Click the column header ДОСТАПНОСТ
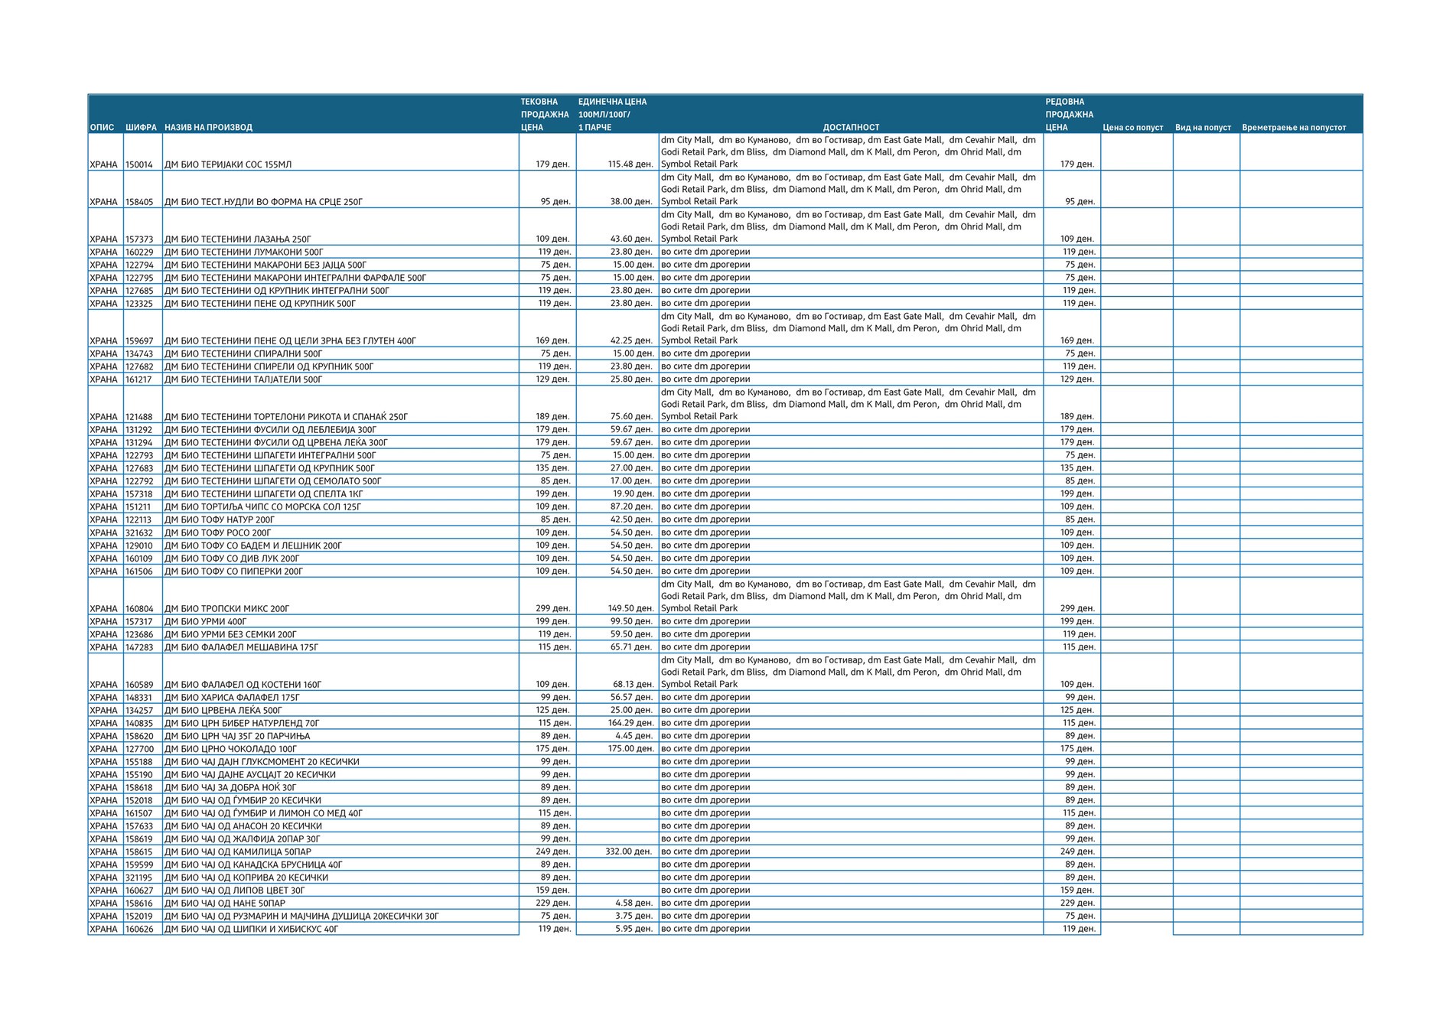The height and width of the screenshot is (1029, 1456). [x=851, y=128]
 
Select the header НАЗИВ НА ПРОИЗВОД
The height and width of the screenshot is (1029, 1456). [x=208, y=128]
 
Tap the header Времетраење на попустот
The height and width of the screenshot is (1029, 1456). [x=1293, y=128]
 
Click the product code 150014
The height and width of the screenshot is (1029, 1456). [x=139, y=164]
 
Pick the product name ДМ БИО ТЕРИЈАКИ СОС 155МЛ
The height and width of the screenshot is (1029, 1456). [x=228, y=164]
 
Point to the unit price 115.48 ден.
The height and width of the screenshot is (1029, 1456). [x=630, y=164]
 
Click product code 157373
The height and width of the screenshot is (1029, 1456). [x=139, y=239]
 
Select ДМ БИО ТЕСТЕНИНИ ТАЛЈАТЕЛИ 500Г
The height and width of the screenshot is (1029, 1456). [x=243, y=379]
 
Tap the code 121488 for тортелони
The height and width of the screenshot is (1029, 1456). [x=139, y=417]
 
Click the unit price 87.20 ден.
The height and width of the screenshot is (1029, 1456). [x=631, y=506]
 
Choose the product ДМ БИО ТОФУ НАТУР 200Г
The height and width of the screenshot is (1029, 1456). [x=220, y=519]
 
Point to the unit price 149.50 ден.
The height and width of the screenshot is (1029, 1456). [x=630, y=609]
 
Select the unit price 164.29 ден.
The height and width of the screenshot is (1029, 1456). [x=630, y=723]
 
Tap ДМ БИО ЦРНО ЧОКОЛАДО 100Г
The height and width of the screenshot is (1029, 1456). [x=230, y=749]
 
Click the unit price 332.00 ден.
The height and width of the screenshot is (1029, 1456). [x=628, y=852]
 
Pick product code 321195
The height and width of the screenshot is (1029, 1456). [x=139, y=878]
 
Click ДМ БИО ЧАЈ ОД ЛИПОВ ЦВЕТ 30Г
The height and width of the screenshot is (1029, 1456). [x=235, y=891]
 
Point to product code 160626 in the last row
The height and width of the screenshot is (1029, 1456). [x=139, y=929]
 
